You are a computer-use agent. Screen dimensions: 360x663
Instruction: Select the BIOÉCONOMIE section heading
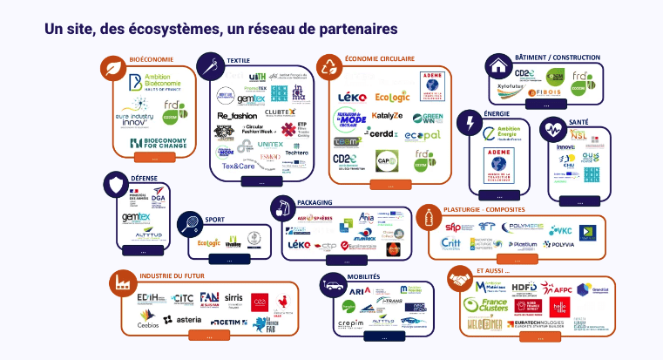(x=151, y=59)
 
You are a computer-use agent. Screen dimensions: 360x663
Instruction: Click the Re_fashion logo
(x=237, y=115)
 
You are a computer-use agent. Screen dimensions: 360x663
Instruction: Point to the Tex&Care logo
(x=238, y=165)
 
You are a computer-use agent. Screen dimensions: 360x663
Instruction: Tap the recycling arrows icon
(x=329, y=66)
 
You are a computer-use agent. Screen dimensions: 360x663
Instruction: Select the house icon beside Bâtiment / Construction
(x=499, y=66)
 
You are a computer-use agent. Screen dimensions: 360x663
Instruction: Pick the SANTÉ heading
(x=579, y=122)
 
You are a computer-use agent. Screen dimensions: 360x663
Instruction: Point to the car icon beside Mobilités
(x=334, y=283)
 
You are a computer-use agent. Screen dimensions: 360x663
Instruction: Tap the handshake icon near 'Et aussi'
(x=459, y=279)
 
